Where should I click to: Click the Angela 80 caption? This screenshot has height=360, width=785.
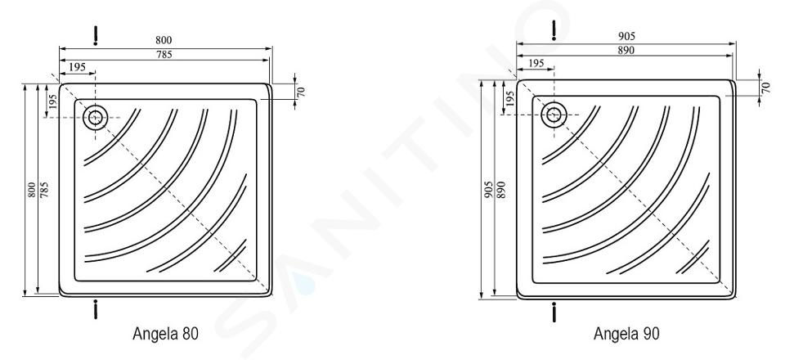(165, 334)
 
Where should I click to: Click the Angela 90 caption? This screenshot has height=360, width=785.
(626, 334)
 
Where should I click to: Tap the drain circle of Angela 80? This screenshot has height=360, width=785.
(95, 118)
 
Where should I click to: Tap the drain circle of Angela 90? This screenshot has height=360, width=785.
(554, 115)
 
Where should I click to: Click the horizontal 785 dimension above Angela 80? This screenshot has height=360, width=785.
(164, 55)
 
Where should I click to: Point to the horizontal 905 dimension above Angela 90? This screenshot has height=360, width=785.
(626, 36)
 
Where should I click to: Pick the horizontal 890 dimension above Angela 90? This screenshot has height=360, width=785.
(626, 50)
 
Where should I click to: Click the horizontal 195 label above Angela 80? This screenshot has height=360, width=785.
(77, 67)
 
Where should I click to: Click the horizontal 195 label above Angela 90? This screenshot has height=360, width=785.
(536, 63)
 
